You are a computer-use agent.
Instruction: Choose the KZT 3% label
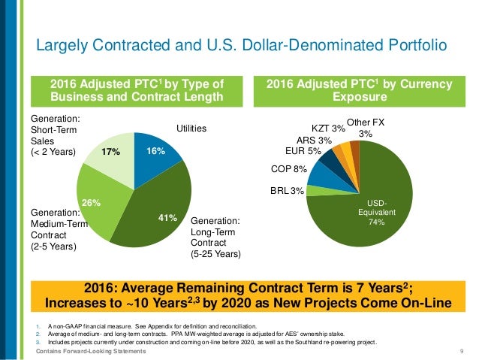coord(328,129)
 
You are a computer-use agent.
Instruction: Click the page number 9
coord(459,351)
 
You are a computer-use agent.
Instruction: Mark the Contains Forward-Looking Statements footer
coord(77,351)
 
